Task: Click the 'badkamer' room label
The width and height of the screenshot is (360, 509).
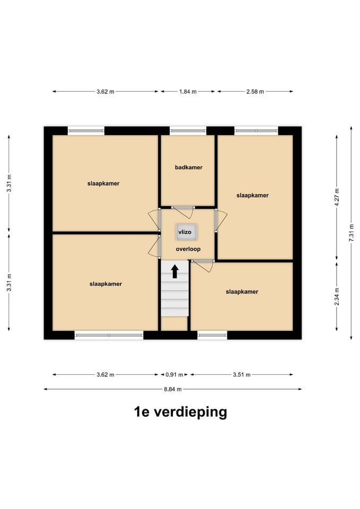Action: coord(188,168)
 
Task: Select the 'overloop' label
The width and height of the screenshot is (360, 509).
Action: coord(188,249)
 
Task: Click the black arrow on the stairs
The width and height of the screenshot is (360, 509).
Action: coord(174,271)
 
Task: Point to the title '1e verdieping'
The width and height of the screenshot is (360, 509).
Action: coord(180,412)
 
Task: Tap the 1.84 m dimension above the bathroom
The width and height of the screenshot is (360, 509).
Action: coord(187,92)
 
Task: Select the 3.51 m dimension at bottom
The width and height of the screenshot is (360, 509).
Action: coord(241,375)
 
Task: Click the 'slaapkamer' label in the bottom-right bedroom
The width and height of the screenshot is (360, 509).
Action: coord(242,292)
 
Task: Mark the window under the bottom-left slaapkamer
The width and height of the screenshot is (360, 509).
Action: coord(109,335)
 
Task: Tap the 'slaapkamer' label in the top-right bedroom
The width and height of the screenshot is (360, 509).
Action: coord(252,195)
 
